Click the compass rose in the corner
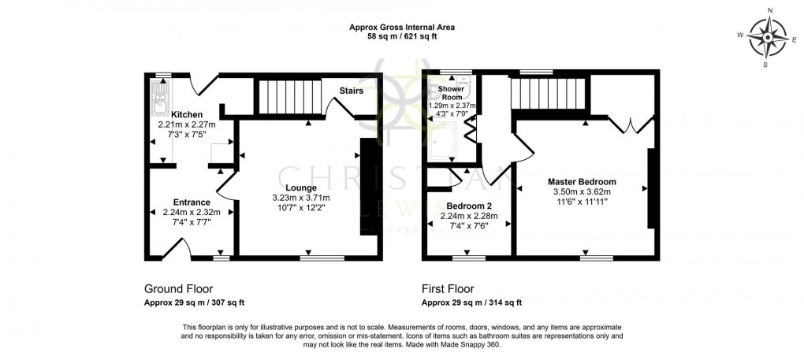pyautogui.click(x=766, y=35)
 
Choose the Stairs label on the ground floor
pyautogui.click(x=351, y=91)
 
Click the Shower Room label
pyautogui.click(x=442, y=93)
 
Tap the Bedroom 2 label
pyautogui.click(x=468, y=206)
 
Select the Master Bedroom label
pyautogui.click(x=583, y=181)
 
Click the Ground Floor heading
pyautogui.click(x=178, y=288)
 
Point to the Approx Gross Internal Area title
pyautogui.click(x=402, y=27)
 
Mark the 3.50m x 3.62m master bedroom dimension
pyautogui.click(x=583, y=191)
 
